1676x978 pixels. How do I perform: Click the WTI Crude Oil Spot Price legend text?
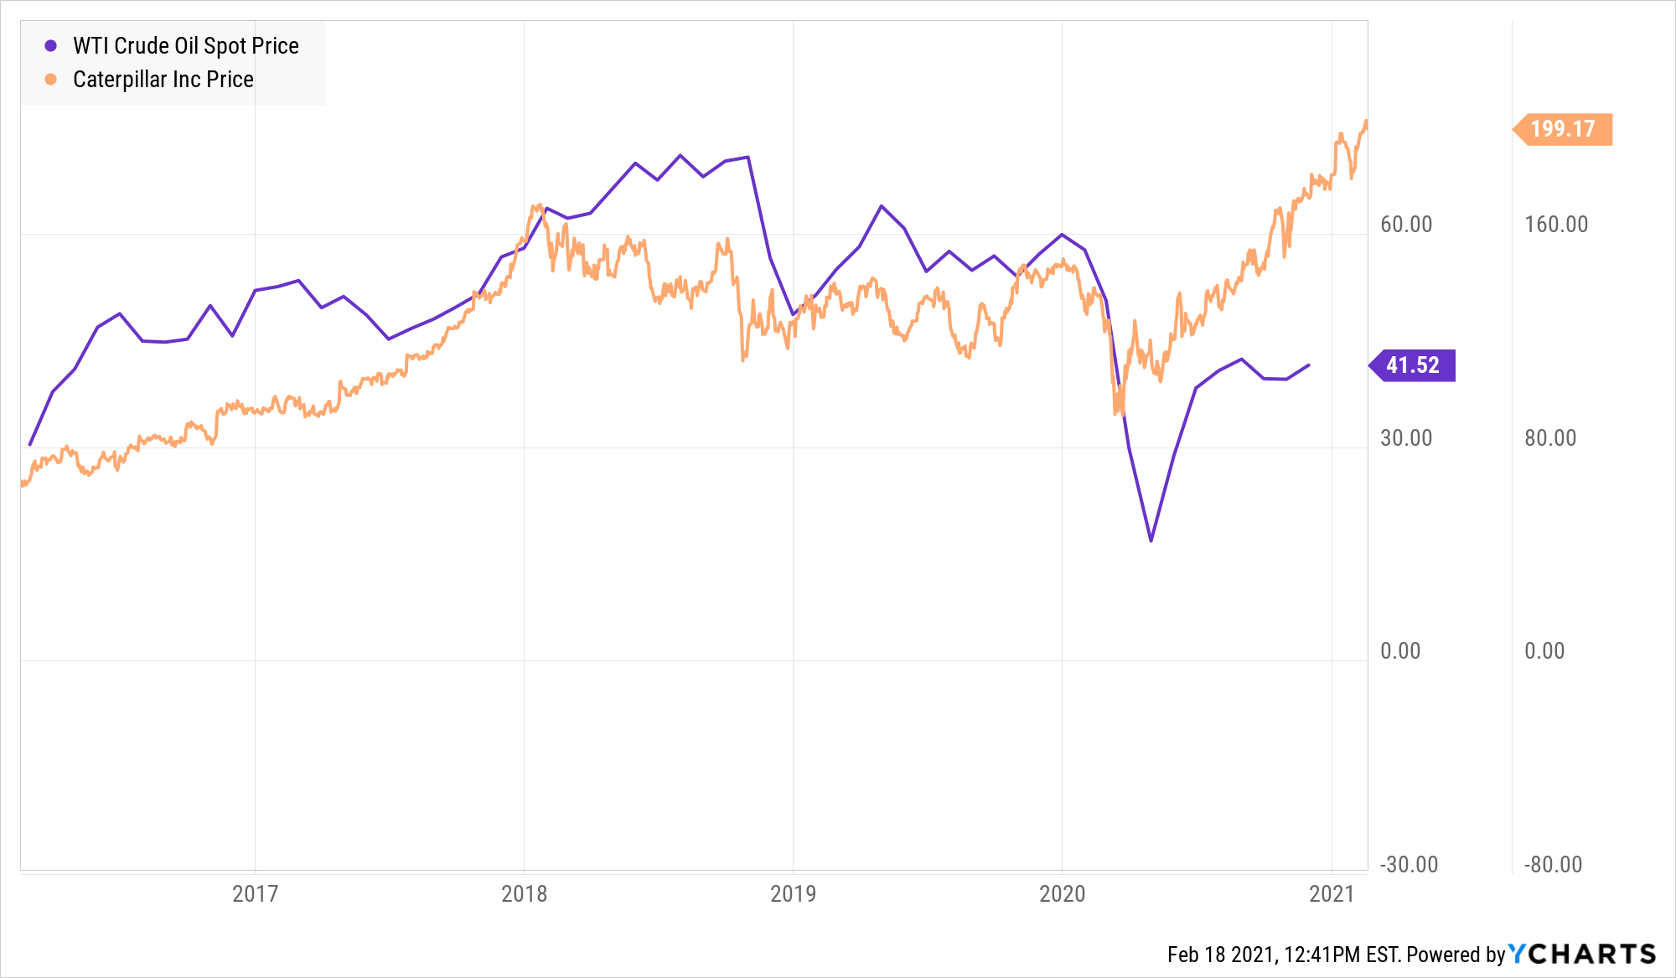(x=185, y=46)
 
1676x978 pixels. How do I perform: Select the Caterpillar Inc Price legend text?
(x=163, y=80)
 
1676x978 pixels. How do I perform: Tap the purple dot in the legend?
(x=51, y=46)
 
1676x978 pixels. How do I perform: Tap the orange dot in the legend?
(x=51, y=80)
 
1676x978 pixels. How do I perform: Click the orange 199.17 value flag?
(x=1563, y=129)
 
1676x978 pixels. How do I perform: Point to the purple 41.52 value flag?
(x=1413, y=365)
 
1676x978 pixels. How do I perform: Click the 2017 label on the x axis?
(x=255, y=893)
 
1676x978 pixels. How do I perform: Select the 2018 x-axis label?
(x=524, y=893)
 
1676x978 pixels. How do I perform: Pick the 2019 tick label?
(x=793, y=893)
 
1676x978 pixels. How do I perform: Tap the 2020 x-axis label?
(x=1062, y=893)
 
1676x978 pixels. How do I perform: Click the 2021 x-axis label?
(x=1332, y=893)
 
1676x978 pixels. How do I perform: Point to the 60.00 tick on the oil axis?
(x=1406, y=225)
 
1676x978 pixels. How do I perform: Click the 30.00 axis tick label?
(x=1406, y=438)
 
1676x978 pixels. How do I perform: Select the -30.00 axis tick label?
(x=1410, y=865)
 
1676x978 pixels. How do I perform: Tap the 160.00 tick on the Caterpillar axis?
(x=1556, y=225)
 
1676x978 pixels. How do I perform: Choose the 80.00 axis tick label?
(x=1550, y=438)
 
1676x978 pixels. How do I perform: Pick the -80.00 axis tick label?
(x=1553, y=865)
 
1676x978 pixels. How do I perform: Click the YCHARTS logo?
(x=1582, y=954)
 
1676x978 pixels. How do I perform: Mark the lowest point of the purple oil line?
(x=1151, y=541)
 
